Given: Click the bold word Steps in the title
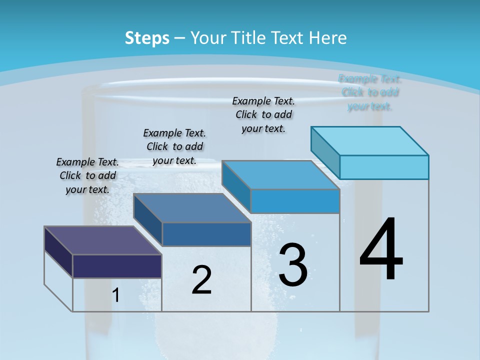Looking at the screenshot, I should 147,38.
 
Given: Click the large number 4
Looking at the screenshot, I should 381,250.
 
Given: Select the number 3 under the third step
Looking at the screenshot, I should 293,265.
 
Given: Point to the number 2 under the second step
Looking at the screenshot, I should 201,280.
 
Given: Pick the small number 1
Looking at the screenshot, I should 116,295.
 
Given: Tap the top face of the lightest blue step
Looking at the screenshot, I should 369,140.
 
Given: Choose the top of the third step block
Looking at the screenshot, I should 280,175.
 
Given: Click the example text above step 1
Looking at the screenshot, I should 87,175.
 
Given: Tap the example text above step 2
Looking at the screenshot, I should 174,146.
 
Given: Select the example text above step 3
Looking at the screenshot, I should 263,114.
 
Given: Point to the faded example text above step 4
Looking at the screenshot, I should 370,92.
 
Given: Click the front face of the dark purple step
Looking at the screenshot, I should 117,266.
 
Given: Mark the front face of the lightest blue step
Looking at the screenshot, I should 384,167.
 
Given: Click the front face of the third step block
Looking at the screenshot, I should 295,201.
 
